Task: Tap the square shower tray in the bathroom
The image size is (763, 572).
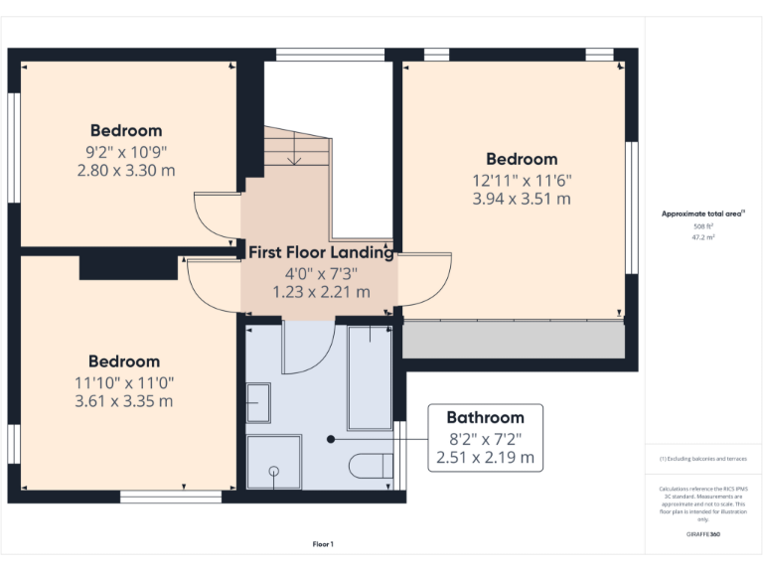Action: point(272,462)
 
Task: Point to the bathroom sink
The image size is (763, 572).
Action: point(259,403)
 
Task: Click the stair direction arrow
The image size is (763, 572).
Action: point(294,155)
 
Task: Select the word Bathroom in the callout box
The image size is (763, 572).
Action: point(485,417)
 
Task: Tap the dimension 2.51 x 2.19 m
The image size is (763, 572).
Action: point(485,458)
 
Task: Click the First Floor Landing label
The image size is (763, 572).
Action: point(320,252)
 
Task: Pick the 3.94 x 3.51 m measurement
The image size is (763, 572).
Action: point(522,199)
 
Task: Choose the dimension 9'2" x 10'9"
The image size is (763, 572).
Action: point(126,151)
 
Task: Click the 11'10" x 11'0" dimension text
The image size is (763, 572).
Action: point(124,382)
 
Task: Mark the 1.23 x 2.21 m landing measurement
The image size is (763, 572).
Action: point(320,292)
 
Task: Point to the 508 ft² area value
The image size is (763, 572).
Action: point(703,226)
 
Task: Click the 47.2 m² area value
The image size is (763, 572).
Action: point(703,238)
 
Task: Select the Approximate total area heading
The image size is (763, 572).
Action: point(702,214)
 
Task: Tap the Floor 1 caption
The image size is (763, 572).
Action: point(323,544)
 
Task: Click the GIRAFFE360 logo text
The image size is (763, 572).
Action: point(703,534)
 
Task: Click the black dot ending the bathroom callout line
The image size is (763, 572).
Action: point(331,438)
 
